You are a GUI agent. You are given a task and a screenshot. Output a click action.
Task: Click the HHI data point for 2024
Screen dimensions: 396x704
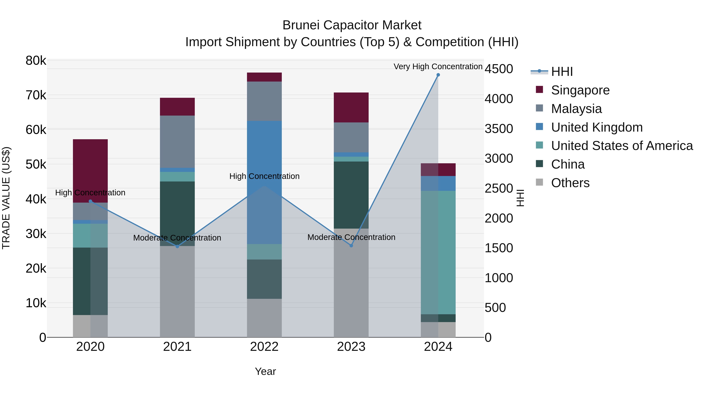[x=438, y=75]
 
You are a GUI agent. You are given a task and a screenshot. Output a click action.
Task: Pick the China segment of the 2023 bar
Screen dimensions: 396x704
[x=351, y=195]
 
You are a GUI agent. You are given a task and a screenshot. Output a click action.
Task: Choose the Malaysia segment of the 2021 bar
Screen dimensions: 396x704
[x=177, y=142]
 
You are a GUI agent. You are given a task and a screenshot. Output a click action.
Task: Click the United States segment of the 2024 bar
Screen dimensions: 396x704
[x=438, y=252]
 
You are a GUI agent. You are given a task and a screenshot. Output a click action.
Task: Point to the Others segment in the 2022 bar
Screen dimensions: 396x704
[x=264, y=318]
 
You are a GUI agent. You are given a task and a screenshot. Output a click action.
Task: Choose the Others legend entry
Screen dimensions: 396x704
[x=570, y=183]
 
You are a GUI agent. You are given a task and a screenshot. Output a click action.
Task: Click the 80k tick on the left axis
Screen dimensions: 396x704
[x=36, y=61]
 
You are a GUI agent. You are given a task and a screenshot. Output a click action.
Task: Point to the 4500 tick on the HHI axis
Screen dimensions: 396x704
[x=499, y=69]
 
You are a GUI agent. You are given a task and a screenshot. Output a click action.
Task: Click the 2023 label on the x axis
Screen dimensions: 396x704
[x=351, y=347]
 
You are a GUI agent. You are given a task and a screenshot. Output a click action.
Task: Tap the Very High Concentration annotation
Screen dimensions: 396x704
[x=438, y=66]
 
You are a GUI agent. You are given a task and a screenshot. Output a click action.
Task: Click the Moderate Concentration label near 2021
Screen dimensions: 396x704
[x=177, y=238]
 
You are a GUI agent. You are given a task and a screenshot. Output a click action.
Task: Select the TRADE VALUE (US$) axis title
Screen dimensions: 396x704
[x=6, y=198]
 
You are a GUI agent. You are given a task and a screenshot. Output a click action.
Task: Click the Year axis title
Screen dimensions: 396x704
[x=265, y=371]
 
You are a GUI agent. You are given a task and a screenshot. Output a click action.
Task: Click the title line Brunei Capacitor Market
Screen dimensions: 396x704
[x=352, y=25]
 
